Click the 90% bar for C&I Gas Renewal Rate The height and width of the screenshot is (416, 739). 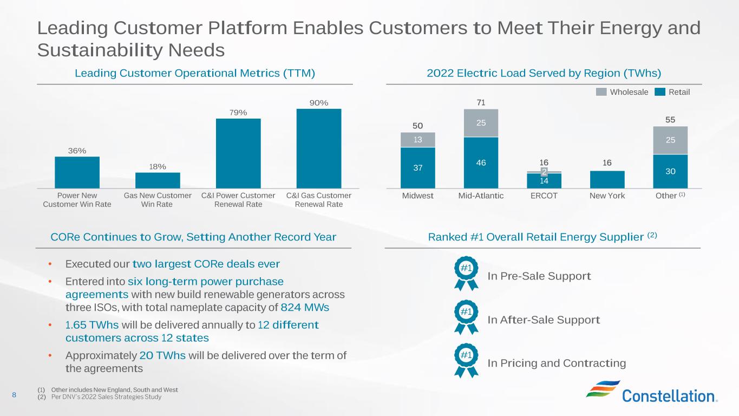click(319, 148)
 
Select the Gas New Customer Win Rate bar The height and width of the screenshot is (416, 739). click(158, 180)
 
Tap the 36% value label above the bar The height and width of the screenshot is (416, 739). click(77, 151)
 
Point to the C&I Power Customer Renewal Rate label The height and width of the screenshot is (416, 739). click(238, 200)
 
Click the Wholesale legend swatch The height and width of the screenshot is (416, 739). click(601, 92)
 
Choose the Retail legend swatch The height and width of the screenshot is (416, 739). click(660, 92)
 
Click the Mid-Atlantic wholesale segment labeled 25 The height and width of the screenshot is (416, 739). click(481, 123)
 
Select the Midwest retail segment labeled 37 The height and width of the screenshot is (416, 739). click(417, 168)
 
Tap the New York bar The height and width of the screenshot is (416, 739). click(607, 179)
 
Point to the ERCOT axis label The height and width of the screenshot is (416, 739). click(544, 196)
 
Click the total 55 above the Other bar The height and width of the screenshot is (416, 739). click(670, 120)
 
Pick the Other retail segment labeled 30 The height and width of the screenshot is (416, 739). click(670, 171)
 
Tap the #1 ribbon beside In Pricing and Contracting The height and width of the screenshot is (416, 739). click(466, 360)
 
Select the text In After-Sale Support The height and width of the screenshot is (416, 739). click(544, 320)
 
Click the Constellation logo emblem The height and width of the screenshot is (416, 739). click(603, 389)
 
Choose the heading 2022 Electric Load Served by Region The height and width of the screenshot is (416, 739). click(544, 73)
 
